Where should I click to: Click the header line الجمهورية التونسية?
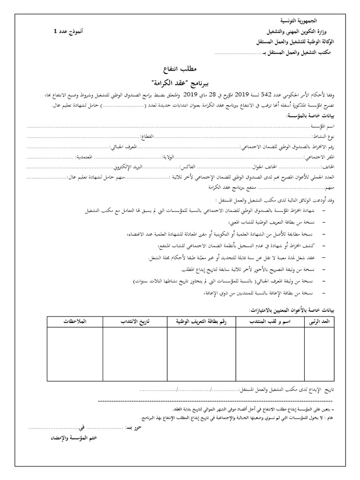click(x=299, y=22)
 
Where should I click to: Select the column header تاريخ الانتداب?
click(x=135, y=322)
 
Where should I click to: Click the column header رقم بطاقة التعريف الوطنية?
click(x=202, y=322)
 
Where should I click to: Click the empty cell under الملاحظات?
click(x=75, y=354)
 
